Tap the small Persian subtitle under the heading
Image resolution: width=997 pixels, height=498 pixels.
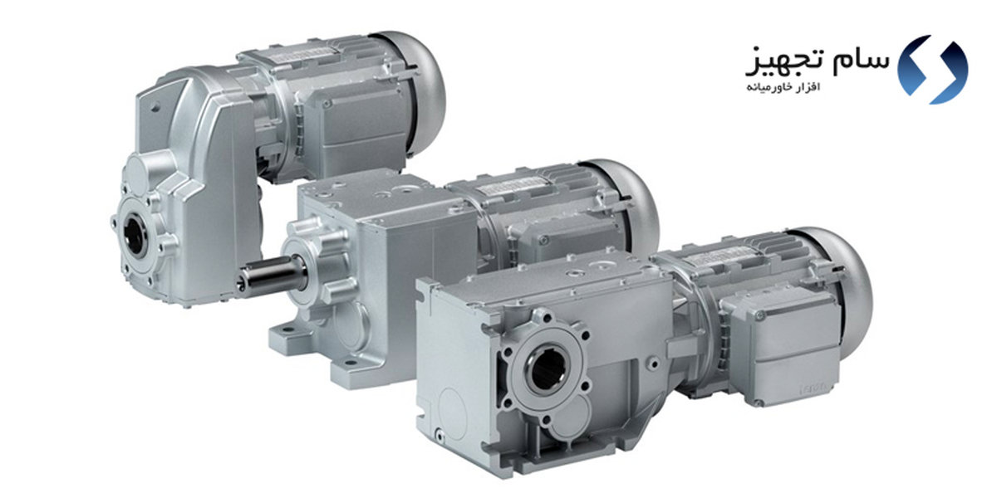point(783,87)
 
